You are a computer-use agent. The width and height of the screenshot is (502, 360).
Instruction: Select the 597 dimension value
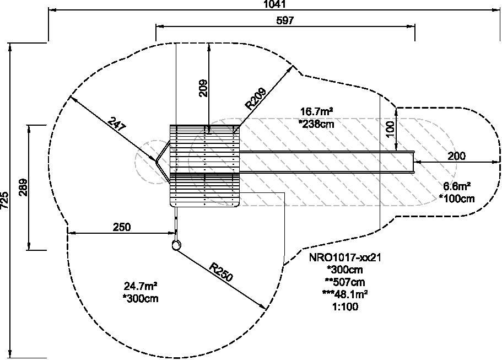[x=285, y=21]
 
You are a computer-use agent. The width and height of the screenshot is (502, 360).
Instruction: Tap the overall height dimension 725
[x=4, y=201]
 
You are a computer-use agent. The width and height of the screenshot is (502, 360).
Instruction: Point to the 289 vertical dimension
[x=23, y=187]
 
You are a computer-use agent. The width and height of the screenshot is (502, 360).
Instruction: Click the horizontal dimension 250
[x=121, y=227]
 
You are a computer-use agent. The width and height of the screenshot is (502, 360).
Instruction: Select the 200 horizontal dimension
[x=456, y=156]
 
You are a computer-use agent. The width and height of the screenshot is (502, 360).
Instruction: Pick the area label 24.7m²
[x=141, y=286]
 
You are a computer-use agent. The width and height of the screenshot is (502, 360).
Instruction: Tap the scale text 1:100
[x=345, y=307]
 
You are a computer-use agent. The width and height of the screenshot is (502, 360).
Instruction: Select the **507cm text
[x=345, y=282]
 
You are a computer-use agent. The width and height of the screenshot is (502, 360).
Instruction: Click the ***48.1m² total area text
[x=345, y=294]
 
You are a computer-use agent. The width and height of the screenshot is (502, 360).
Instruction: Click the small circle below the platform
[x=176, y=246]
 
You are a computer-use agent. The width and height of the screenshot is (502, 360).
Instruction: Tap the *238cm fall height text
[x=317, y=124]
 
